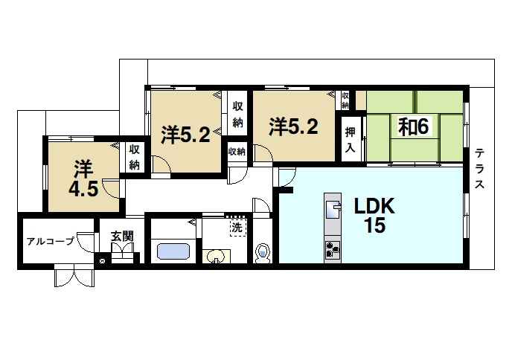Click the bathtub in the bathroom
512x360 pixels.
173,251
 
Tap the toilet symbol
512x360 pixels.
263,253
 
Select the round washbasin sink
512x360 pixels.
216,256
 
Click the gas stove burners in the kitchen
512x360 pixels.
333,251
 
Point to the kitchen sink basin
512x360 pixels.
333,210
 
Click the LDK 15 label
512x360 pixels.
375,216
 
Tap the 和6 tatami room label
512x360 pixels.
413,126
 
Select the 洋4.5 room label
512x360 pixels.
83,179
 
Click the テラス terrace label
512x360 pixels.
479,168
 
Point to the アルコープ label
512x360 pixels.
51,242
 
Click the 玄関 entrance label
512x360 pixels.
122,236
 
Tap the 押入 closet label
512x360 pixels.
350,140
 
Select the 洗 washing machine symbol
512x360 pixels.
237,227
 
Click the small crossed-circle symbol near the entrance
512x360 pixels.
102,261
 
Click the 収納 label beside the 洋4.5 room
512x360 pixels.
134,158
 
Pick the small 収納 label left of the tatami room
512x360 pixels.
345,100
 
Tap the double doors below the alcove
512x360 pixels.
74,276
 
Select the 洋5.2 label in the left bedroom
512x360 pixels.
185,135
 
